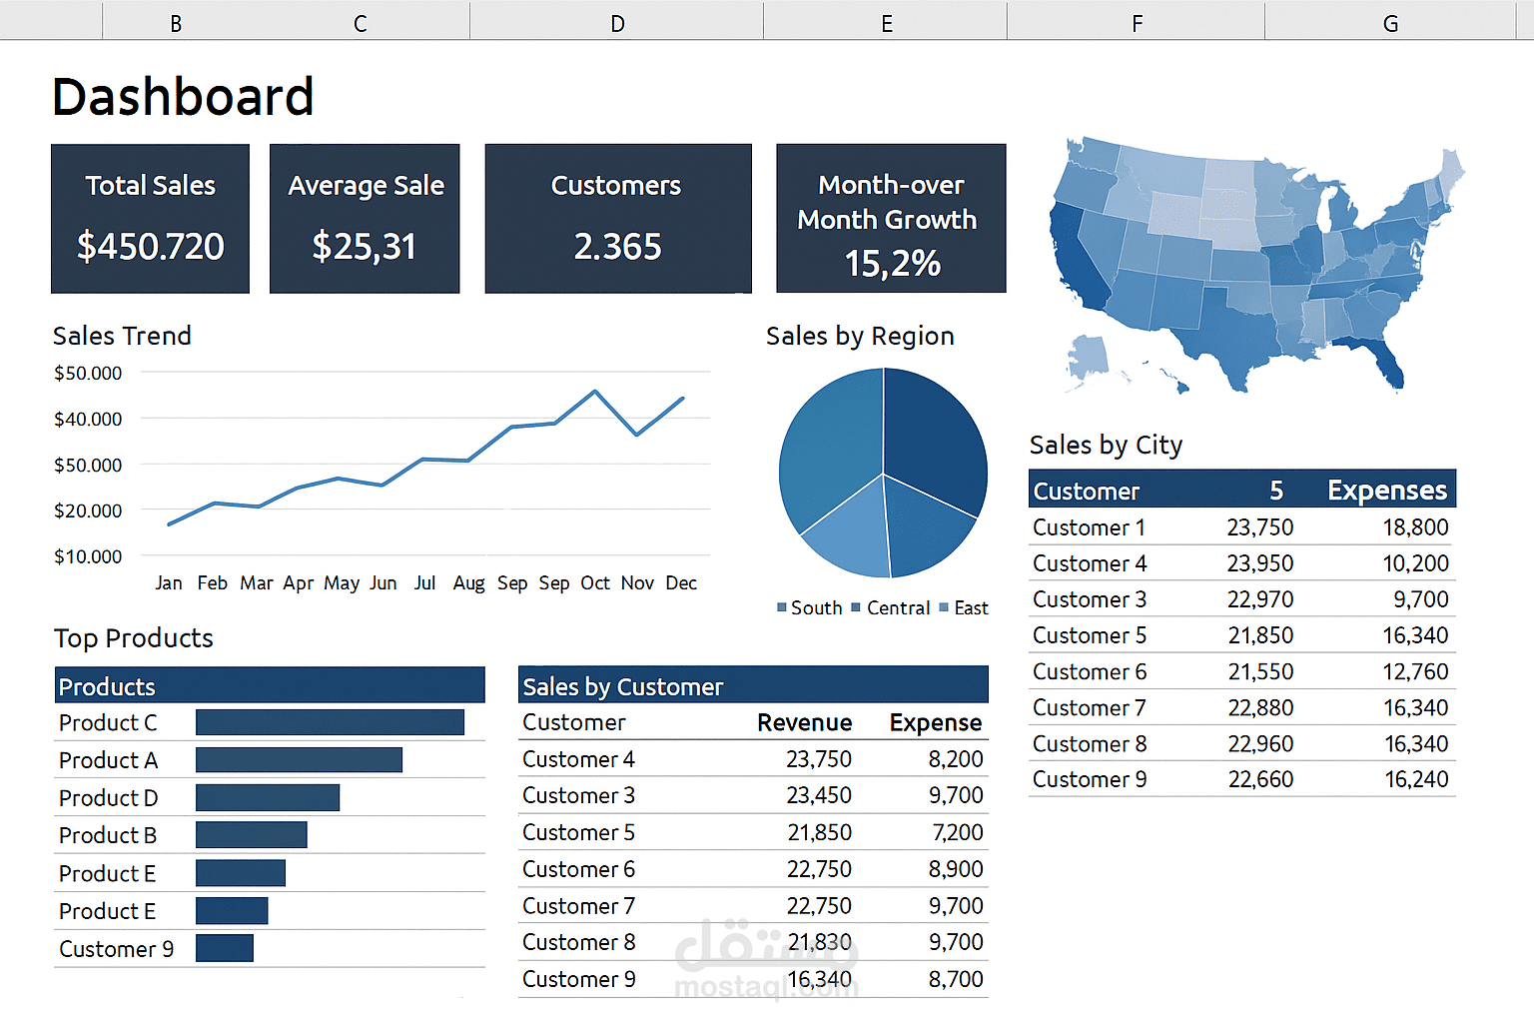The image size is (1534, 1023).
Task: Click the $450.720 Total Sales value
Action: coord(150,246)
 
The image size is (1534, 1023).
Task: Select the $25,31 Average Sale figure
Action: coord(364,246)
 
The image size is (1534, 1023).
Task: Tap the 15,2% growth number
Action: coord(892,263)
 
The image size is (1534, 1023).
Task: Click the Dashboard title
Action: coord(183,96)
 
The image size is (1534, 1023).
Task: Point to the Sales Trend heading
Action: coord(122,336)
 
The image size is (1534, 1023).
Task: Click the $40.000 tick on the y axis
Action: coord(88,419)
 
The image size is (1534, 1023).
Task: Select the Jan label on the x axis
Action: coord(169,583)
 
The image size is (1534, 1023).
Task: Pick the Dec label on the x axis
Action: coord(681,583)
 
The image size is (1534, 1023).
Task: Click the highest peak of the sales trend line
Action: coord(595,392)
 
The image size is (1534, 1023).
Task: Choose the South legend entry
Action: coord(810,607)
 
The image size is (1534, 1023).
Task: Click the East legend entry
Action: coord(964,607)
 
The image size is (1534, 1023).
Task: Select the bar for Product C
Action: coord(331,722)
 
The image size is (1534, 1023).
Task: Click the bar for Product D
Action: coord(268,797)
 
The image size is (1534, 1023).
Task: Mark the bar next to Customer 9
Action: coord(225,948)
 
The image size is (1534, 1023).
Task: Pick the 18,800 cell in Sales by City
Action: coord(1415,526)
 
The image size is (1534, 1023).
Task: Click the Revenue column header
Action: coord(805,723)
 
